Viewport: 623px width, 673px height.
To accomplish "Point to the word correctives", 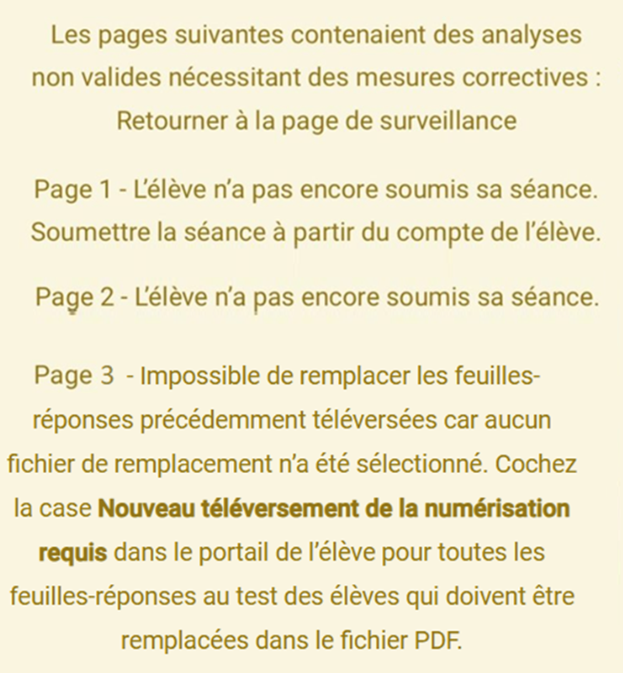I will pos(530,78).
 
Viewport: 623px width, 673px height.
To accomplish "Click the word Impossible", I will pos(196,377).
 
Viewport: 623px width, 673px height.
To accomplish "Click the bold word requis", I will pos(73,553).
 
